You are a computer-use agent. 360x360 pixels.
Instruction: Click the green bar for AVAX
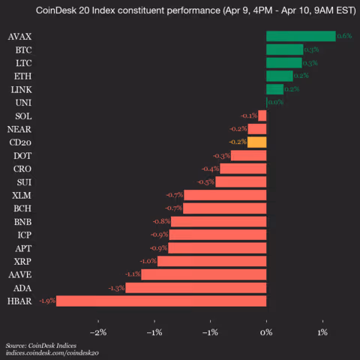pyautogui.click(x=301, y=36)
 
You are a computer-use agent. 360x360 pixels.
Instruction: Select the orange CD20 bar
pyautogui.click(x=257, y=142)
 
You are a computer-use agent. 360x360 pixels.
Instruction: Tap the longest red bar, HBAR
pyautogui.click(x=161, y=301)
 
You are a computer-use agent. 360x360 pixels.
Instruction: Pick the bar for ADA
pyautogui.click(x=196, y=287)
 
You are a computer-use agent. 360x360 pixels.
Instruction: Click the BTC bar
pyautogui.click(x=284, y=49)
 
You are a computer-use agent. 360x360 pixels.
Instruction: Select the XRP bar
pyautogui.click(x=211, y=261)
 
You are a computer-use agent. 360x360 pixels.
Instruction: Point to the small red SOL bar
pyautogui.click(x=262, y=115)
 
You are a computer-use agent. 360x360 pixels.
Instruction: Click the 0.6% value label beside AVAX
pyautogui.click(x=344, y=36)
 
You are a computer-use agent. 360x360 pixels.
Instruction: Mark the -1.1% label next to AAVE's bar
pyautogui.click(x=133, y=274)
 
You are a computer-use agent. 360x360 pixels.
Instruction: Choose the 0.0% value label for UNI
pyautogui.click(x=275, y=102)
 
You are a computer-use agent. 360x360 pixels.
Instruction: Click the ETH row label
pyautogui.click(x=22, y=76)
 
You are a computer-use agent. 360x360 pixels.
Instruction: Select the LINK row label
pyautogui.click(x=22, y=89)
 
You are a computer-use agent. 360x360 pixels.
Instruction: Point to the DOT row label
pyautogui.click(x=22, y=155)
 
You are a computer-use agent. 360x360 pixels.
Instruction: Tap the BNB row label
pyautogui.click(x=22, y=221)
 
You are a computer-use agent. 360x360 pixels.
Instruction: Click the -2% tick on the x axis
pyautogui.click(x=97, y=332)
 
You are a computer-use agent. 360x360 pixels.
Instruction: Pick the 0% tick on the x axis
pyautogui.click(x=266, y=332)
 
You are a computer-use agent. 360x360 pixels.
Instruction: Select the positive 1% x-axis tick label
pyautogui.click(x=322, y=332)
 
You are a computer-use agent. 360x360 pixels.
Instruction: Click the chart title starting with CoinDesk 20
pyautogui.click(x=180, y=11)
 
